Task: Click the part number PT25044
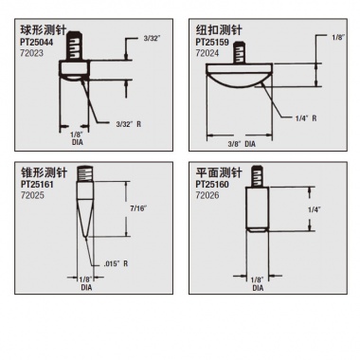point(37,43)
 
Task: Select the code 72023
point(31,53)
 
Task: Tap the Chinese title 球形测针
point(44,30)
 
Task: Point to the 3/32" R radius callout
point(129,124)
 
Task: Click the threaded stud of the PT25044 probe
point(75,45)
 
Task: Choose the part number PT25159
point(212,43)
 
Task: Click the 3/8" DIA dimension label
point(242,144)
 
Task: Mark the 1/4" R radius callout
point(306,118)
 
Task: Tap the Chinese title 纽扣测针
point(219,30)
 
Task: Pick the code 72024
point(207,53)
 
